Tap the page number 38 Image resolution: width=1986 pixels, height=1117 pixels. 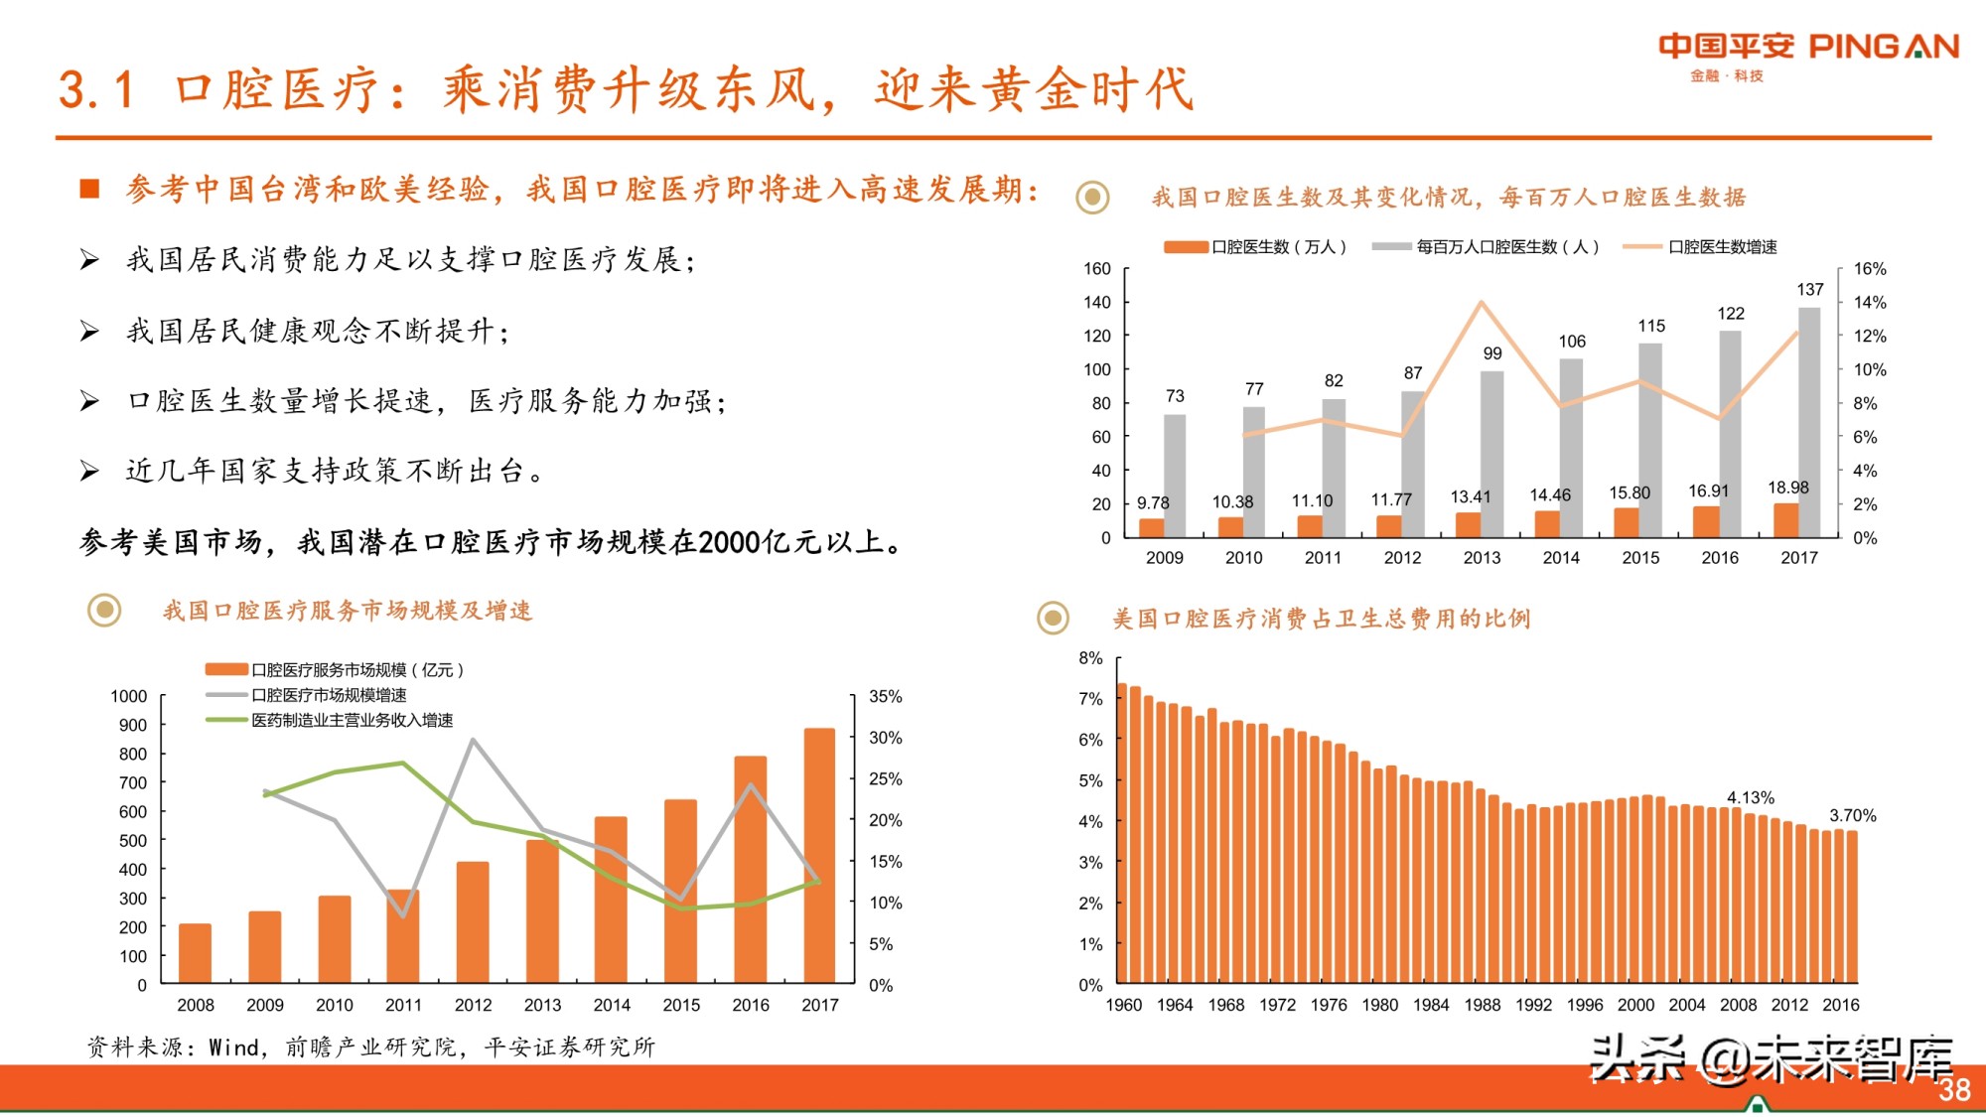click(x=1954, y=1090)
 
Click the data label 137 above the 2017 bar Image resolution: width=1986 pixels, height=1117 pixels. click(x=1809, y=290)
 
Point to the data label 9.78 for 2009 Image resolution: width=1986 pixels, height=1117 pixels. click(x=1153, y=503)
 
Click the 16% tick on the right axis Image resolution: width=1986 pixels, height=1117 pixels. click(x=1869, y=269)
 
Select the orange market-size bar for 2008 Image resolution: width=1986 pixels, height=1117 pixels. click(x=195, y=953)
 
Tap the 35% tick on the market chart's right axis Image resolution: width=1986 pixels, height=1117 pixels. click(x=885, y=697)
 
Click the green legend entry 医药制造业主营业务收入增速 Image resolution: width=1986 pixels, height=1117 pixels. click(x=352, y=720)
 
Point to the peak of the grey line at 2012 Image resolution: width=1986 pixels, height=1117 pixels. click(x=473, y=740)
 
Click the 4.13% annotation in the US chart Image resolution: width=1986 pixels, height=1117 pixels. click(x=1750, y=798)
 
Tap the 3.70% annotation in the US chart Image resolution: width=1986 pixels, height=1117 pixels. click(x=1852, y=816)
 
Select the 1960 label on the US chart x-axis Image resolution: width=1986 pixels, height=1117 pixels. click(x=1123, y=1005)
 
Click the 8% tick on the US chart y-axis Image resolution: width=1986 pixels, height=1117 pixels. click(x=1090, y=658)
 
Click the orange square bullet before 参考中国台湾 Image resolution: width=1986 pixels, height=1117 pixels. click(x=89, y=189)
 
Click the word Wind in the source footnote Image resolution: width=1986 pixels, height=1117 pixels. click(x=234, y=1047)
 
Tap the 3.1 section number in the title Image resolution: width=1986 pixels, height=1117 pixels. click(x=95, y=90)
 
